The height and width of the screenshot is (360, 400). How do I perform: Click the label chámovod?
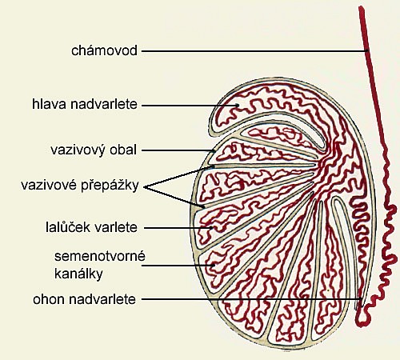coord(104,50)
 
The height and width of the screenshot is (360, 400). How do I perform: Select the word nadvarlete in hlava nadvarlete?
coord(104,104)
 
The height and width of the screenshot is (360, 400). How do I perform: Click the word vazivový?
coord(78,150)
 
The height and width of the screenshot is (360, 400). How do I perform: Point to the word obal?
coord(123,150)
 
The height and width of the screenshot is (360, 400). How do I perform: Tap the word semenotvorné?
coord(100,256)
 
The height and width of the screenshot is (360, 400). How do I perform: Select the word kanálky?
coord(78,274)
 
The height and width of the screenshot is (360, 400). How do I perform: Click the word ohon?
coord(49,299)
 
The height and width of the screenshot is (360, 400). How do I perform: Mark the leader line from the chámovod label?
coord(254,51)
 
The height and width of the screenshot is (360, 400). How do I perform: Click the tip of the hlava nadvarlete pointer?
coord(238,106)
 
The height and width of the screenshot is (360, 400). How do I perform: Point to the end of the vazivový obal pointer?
coord(215,150)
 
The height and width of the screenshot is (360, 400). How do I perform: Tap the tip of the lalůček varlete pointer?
coord(213,228)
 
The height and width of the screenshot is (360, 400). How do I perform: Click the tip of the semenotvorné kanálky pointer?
coord(214,266)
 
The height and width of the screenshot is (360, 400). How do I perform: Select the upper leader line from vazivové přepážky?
coord(178,177)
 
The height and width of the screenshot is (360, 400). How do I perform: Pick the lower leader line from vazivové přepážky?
coord(174,197)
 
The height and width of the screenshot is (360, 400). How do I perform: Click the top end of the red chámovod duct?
coord(362,8)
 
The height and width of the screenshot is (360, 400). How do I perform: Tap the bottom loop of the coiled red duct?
coord(362,321)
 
